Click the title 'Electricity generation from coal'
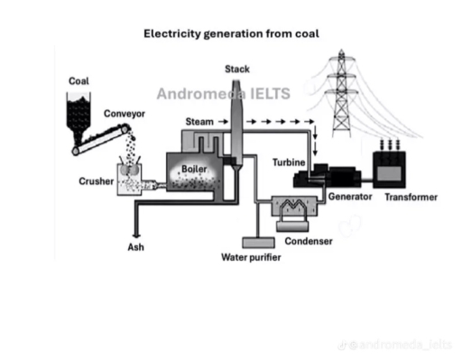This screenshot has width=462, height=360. (232, 34)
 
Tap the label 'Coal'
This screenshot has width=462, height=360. (79, 81)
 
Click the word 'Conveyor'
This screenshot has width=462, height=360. (123, 114)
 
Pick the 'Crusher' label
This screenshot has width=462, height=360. (96, 181)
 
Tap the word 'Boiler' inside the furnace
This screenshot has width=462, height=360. (194, 168)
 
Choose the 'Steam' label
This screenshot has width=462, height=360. (199, 121)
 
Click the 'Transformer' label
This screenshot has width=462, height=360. (411, 197)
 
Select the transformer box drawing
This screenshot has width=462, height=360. (394, 169)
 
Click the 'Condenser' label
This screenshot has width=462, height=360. (309, 241)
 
